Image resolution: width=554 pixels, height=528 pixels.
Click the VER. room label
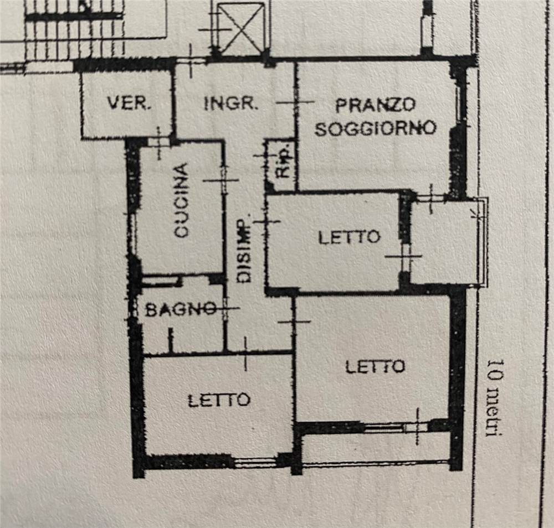[x=129, y=103]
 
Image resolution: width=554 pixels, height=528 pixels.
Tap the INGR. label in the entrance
[x=229, y=103]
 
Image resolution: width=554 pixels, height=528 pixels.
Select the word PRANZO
[x=375, y=105]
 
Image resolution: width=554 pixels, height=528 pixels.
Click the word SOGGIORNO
[x=375, y=128]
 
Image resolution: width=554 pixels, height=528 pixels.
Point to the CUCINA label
[x=182, y=200]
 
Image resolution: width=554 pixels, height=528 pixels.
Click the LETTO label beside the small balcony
[x=350, y=237]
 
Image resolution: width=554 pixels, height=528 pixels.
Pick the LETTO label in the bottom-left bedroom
[x=219, y=400]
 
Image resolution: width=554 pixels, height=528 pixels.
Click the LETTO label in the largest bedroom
[x=375, y=367]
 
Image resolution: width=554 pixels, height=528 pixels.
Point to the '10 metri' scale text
[x=495, y=398]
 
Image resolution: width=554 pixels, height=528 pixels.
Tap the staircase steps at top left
[x=74, y=29]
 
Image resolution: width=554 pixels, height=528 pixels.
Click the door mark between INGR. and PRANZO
[x=295, y=102]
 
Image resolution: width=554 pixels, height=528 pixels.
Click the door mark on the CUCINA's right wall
[x=223, y=180]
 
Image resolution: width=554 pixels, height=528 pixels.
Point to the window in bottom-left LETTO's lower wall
[x=255, y=462]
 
